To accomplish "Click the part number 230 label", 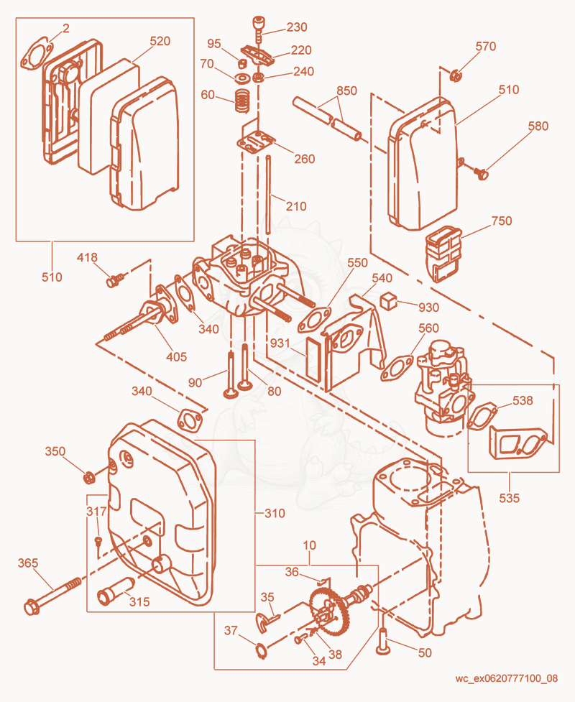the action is pos(297,27).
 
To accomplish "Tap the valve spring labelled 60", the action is pos(242,101).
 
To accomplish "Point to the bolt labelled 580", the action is pos(482,173).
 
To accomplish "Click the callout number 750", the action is pos(502,221).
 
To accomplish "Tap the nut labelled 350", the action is pos(89,478).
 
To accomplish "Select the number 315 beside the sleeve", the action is pos(139,601).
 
